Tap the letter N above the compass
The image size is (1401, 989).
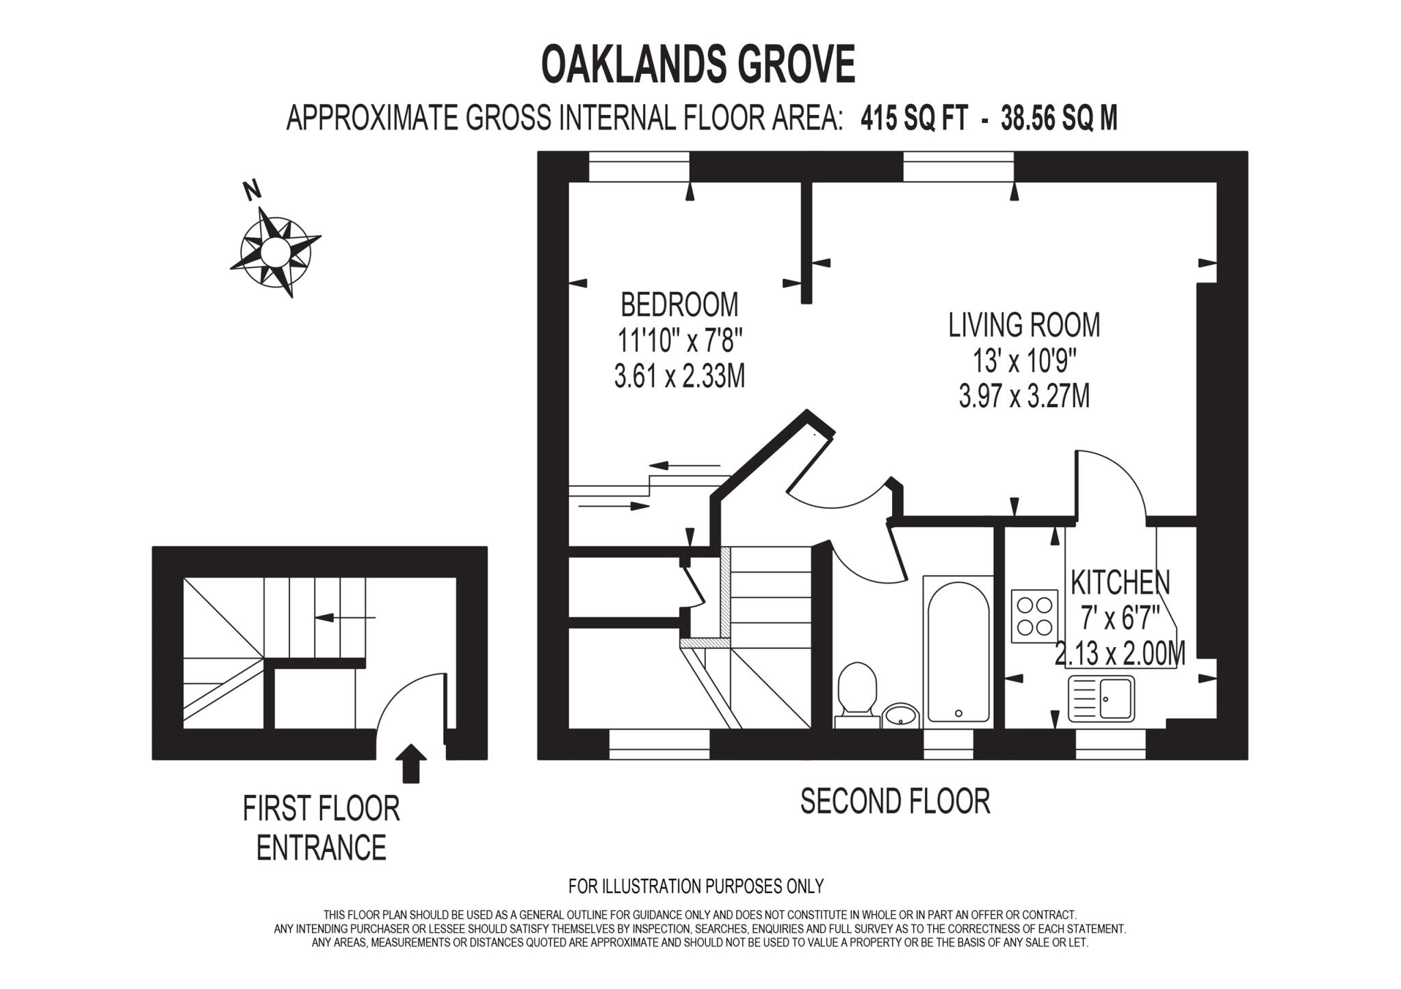(252, 190)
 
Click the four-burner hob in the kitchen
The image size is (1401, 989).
(1034, 616)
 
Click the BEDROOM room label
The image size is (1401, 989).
(679, 305)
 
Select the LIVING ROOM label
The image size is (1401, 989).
(1024, 326)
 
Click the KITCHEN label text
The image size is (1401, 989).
(1120, 583)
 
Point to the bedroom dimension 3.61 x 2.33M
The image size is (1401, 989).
(679, 377)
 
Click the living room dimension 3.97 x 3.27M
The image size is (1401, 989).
(1024, 397)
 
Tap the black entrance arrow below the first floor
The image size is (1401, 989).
(410, 762)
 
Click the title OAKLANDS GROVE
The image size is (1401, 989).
(698, 65)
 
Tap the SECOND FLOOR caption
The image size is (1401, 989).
(895, 802)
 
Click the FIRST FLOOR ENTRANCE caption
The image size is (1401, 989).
(321, 828)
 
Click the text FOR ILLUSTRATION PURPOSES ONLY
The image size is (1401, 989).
(696, 886)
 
